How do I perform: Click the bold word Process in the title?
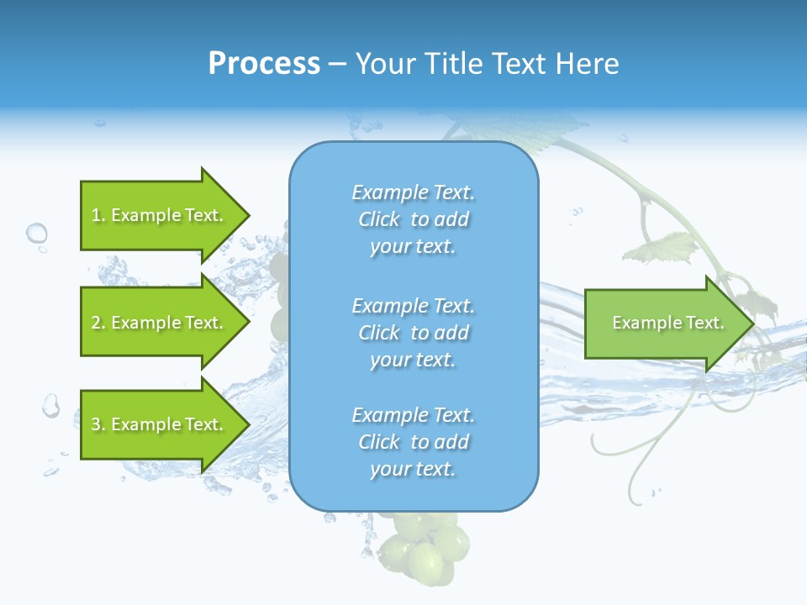(264, 64)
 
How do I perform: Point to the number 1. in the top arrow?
(98, 215)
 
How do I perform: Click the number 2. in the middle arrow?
(98, 323)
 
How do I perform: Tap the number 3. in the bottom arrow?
(98, 424)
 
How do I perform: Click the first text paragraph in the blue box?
(413, 219)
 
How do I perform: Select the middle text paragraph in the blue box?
(413, 332)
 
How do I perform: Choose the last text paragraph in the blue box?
(413, 442)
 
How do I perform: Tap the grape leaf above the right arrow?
(664, 249)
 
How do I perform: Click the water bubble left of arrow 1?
(36, 233)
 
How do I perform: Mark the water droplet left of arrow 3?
(51, 406)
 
